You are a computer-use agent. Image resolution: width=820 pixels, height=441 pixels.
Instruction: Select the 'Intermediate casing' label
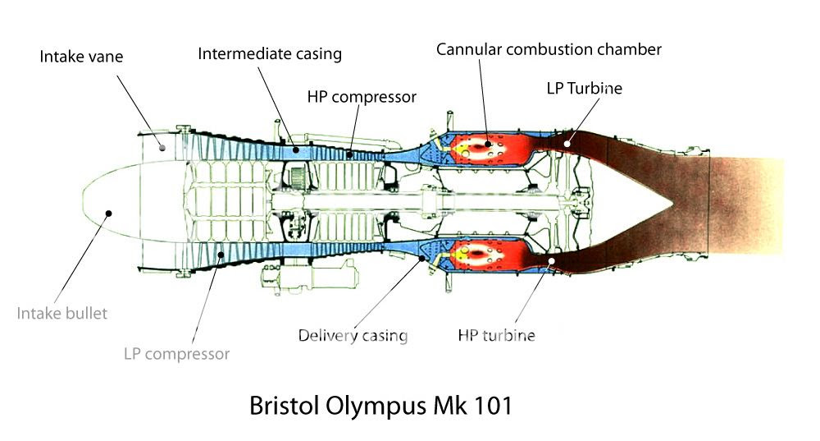tap(270, 55)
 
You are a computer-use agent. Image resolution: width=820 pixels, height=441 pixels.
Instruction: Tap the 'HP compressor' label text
tap(362, 97)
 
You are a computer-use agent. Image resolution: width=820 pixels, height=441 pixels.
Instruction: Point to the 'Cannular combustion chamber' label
tap(549, 49)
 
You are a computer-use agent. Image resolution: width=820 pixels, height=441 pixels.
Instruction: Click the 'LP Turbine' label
tap(584, 88)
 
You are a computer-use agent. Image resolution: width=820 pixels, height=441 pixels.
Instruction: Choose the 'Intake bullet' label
tap(61, 313)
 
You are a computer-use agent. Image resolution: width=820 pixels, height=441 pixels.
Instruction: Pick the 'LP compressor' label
tap(176, 354)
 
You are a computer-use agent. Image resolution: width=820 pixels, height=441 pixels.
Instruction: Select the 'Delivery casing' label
tap(353, 335)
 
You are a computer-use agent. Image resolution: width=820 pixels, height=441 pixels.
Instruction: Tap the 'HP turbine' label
tap(496, 335)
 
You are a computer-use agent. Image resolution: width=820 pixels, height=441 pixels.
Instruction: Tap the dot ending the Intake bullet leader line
tap(108, 213)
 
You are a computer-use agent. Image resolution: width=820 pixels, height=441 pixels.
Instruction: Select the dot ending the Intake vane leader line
tap(162, 148)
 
